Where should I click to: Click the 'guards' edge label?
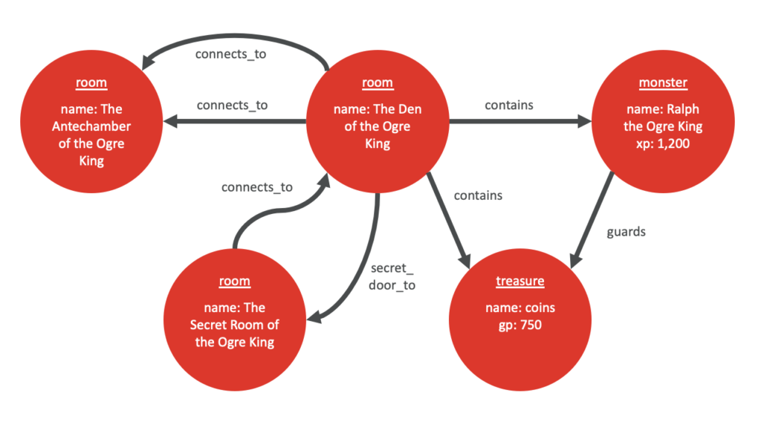tap(626, 232)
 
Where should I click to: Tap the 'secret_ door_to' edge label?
tap(392, 277)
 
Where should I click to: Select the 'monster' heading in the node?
tap(663, 83)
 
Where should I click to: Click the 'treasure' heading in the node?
tap(520, 281)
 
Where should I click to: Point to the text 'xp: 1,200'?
tap(663, 143)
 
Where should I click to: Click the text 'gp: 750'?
tap(520, 325)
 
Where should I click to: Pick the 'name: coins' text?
tap(520, 308)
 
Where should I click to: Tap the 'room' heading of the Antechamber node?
tap(91, 83)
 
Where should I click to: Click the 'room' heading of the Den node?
tap(378, 83)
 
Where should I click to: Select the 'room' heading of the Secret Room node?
tap(235, 282)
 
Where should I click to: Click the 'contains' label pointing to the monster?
tap(509, 106)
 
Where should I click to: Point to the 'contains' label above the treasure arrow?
tap(478, 195)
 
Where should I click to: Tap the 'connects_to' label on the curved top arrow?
tap(230, 54)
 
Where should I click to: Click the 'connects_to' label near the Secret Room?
tap(257, 187)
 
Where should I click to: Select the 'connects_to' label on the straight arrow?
tap(232, 106)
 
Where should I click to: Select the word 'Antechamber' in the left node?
tap(91, 126)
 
